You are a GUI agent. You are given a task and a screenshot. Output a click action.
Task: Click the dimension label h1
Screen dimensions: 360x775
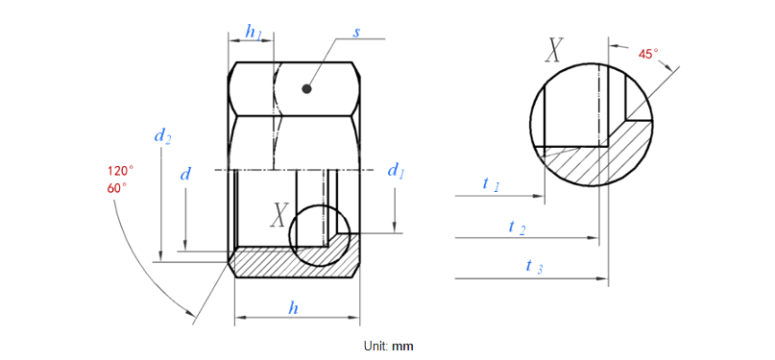click(x=254, y=32)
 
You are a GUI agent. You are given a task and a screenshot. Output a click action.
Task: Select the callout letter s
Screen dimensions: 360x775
click(x=356, y=32)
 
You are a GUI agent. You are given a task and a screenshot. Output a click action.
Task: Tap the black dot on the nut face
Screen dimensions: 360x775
click(x=306, y=89)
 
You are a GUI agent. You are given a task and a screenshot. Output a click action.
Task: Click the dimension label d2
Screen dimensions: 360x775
click(x=162, y=136)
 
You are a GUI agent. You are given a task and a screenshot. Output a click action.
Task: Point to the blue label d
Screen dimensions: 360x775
click(x=185, y=174)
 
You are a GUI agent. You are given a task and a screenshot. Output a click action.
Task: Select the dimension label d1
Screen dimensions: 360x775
click(x=395, y=171)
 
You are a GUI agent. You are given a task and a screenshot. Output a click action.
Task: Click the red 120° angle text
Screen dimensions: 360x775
click(x=120, y=171)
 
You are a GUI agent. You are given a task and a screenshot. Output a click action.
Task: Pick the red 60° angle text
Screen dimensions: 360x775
click(x=118, y=188)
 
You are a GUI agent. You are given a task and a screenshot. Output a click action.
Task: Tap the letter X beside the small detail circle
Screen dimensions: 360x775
click(x=279, y=215)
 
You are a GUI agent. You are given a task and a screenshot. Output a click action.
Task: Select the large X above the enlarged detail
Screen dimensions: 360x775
click(x=554, y=50)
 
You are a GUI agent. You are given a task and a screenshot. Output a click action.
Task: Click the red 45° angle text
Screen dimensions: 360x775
click(x=649, y=55)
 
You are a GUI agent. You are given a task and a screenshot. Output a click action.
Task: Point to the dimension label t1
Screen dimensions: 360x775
click(x=490, y=183)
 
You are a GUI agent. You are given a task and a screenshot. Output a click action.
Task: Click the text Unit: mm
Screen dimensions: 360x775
click(x=387, y=345)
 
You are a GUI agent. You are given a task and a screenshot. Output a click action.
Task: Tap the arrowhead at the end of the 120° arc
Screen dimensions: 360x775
click(x=192, y=313)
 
